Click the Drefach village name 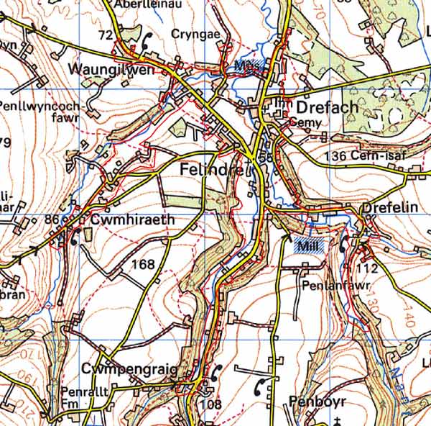[x=327, y=107]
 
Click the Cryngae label [x=193, y=34]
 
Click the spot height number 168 [x=143, y=265]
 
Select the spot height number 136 [x=335, y=156]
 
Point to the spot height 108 [x=211, y=404]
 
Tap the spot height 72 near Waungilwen [x=106, y=35]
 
